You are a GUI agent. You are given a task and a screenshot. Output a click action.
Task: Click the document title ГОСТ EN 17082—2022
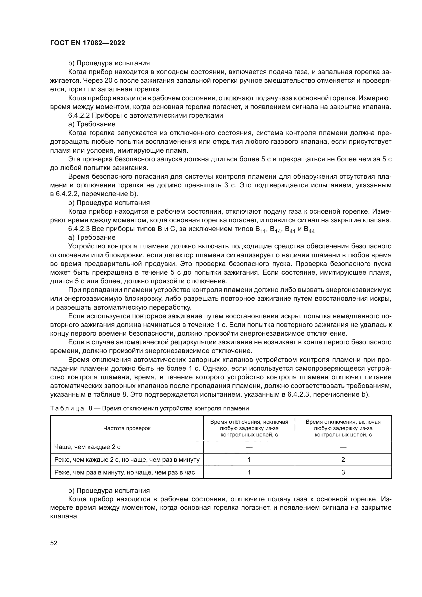point(88,43)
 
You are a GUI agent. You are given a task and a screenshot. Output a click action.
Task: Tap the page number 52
point(54,543)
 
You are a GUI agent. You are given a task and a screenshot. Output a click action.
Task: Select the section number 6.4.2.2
point(79,115)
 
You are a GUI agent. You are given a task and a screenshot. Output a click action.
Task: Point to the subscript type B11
point(261,230)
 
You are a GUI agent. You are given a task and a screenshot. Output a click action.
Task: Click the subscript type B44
point(309,230)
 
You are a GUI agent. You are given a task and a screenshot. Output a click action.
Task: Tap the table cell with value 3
point(343,472)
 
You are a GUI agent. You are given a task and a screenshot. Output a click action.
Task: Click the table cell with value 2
point(343,459)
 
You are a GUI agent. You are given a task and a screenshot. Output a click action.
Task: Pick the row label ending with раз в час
point(125,472)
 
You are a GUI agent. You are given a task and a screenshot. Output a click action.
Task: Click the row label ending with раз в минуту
point(127,460)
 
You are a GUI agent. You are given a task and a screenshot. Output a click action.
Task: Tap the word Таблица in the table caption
point(67,408)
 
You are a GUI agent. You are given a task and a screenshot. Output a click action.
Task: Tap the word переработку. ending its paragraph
point(170,307)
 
